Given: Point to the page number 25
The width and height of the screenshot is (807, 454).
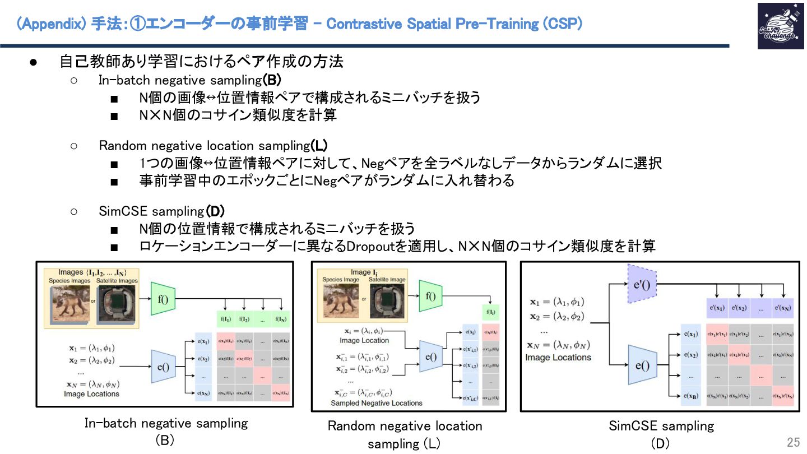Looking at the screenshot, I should click(x=793, y=442).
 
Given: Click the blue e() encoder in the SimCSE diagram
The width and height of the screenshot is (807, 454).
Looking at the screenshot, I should click(x=642, y=366).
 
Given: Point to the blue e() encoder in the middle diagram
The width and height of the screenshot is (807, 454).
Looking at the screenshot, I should click(x=430, y=356).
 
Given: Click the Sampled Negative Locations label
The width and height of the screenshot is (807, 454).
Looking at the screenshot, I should click(x=377, y=403).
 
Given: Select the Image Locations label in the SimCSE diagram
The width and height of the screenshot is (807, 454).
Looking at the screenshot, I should click(x=558, y=357).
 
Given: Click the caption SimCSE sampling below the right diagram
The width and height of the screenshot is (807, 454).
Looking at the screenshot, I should click(x=661, y=426).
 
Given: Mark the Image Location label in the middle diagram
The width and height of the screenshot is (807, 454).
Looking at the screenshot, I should click(x=364, y=340).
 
